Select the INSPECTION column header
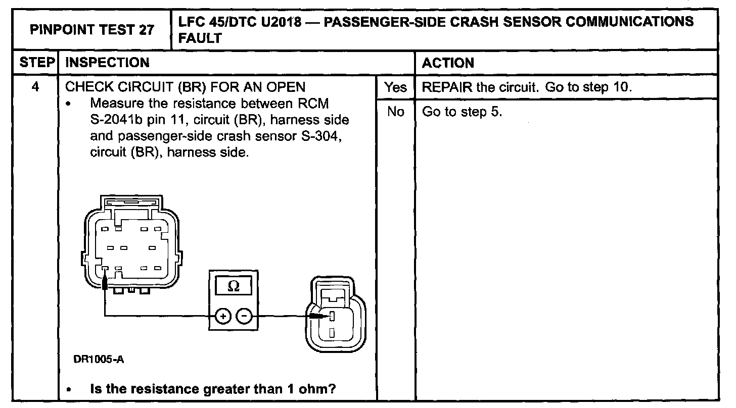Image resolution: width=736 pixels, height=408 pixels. click(x=108, y=63)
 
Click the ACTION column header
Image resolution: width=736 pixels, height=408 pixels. click(x=448, y=63)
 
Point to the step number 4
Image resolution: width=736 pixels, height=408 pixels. click(x=35, y=87)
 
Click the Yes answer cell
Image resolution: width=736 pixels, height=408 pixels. click(x=395, y=87)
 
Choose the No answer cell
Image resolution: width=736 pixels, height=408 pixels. click(x=395, y=112)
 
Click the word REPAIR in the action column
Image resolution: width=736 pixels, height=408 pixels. click(x=447, y=87)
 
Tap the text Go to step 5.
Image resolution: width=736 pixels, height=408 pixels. click(x=462, y=112)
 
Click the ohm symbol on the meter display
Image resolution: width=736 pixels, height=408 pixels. click(x=234, y=286)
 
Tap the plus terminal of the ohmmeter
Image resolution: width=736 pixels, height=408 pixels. click(x=222, y=317)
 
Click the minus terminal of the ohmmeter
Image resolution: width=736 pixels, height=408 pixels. click(x=245, y=317)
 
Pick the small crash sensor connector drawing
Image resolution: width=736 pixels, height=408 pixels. click(x=332, y=313)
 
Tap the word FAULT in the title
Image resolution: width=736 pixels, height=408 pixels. click(x=200, y=38)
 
